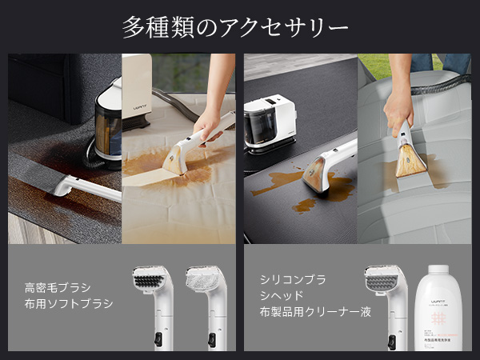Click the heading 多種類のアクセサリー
(235, 26)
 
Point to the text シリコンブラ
(293, 279)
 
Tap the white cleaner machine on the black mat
(270, 122)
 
